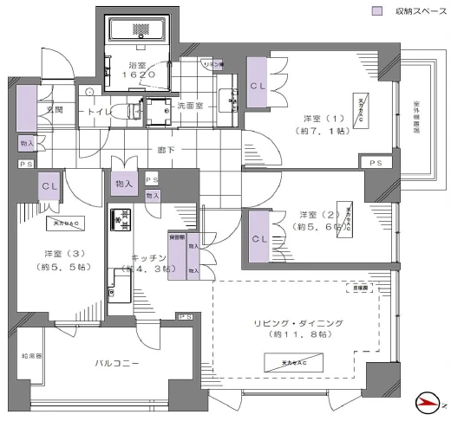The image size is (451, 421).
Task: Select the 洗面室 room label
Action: click(189, 106)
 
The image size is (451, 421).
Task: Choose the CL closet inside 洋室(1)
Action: click(258, 86)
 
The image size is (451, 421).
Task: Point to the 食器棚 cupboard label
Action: click(176, 236)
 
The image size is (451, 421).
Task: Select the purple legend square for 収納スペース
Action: click(376, 11)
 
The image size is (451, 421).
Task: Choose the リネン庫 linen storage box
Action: click(213, 65)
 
